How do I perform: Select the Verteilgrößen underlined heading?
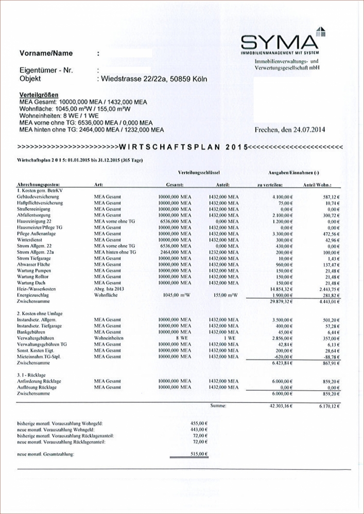coord(39,95)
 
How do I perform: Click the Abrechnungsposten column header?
coord(39,184)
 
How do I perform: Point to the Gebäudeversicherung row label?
coord(37,197)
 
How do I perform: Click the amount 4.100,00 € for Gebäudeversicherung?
coord(280,197)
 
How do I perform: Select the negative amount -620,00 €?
coord(282,357)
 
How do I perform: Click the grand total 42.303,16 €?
coord(279,406)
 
